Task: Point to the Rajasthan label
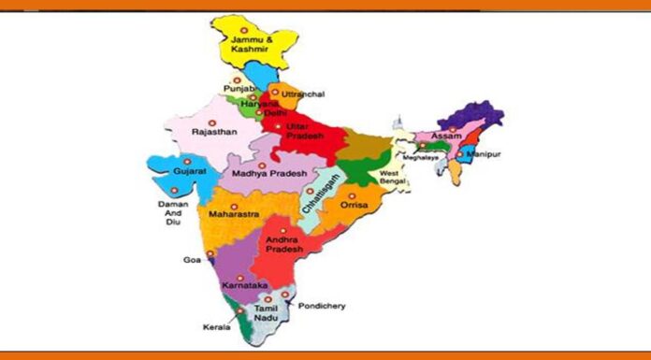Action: click(x=214, y=133)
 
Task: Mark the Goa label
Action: click(x=192, y=261)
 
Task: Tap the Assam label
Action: click(x=445, y=137)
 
